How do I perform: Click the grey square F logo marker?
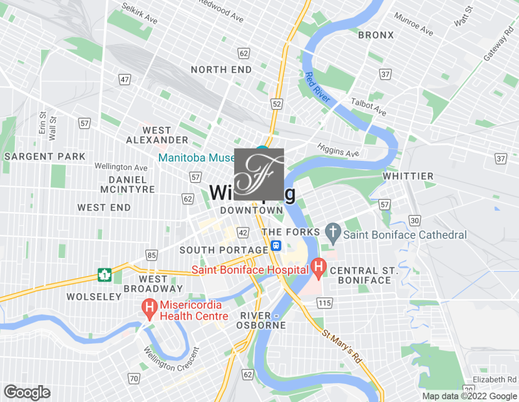coord(259,174)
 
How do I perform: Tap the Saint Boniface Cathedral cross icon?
coord(333,231)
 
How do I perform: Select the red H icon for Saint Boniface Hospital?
coord(318,266)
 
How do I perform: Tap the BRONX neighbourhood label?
coord(376,34)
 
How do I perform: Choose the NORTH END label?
coord(221,69)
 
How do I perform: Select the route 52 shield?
coord(277,104)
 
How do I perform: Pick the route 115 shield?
coord(325,303)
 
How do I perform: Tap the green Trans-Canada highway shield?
coord(103,275)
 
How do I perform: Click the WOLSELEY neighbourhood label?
coord(94,296)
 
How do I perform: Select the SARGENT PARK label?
coord(45,156)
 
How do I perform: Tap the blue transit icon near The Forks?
coord(276,246)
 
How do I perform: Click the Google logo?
coord(27,392)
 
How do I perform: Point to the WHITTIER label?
coord(407,176)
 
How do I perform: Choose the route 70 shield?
coord(134,378)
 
